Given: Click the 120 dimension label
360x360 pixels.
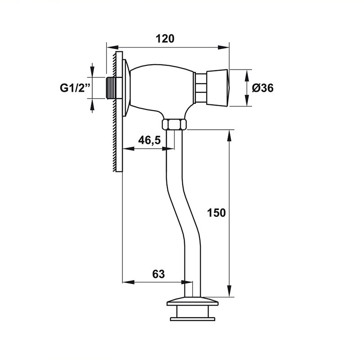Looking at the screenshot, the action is coord(165,39).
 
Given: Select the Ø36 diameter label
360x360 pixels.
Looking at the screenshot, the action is coord(263,88).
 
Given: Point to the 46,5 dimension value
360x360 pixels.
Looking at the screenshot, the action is coord(149,140).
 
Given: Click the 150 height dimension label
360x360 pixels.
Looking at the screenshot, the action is coord(216,212).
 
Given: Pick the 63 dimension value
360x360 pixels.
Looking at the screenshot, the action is coord(158,274).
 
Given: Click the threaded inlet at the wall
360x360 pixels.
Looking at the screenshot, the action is coord(111,88).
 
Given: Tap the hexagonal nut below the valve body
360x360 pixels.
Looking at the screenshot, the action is coord(174,125).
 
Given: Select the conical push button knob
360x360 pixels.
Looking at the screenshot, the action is coord(217,88).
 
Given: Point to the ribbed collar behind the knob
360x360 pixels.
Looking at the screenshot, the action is coord(201,88).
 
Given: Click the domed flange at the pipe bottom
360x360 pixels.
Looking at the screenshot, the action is coord(193,301).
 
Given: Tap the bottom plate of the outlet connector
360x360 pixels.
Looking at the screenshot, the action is coord(193,319).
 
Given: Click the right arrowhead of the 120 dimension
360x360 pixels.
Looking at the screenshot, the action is coord(223,48).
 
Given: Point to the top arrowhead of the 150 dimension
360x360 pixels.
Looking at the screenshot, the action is coord(229,136).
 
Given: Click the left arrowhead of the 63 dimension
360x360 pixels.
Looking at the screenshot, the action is coord(128,282).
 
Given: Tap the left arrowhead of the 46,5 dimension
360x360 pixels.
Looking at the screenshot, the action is coord(128,149).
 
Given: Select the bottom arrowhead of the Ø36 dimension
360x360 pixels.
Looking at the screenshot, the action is coord(247,100).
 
